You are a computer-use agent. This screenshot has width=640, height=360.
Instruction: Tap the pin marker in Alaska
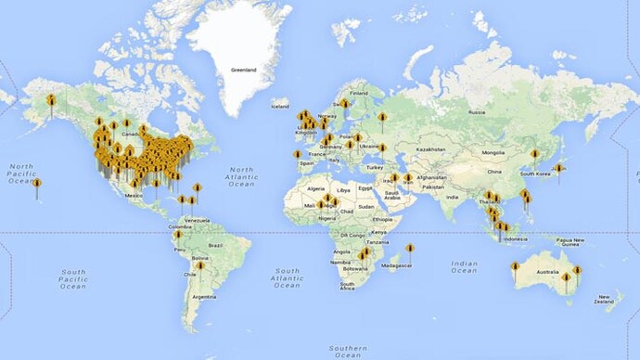(x=52, y=99)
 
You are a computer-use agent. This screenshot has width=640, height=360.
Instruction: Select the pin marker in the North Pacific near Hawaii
(x=37, y=183)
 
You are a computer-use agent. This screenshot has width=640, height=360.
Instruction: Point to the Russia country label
(x=477, y=112)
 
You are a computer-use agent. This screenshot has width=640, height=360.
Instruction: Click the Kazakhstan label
(x=431, y=148)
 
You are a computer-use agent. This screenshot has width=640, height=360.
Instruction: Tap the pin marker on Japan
(x=558, y=169)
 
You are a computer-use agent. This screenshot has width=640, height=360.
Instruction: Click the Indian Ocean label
(x=464, y=266)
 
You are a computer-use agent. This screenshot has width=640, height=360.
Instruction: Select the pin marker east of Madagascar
(x=410, y=248)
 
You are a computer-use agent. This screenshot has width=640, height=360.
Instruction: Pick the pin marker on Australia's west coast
(x=515, y=267)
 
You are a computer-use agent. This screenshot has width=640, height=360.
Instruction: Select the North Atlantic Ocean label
(x=241, y=176)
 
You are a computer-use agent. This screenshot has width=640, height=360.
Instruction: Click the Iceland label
(x=280, y=106)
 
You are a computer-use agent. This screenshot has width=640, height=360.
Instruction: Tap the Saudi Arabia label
(x=391, y=196)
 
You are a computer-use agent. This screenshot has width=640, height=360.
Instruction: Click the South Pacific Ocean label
(x=72, y=278)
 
